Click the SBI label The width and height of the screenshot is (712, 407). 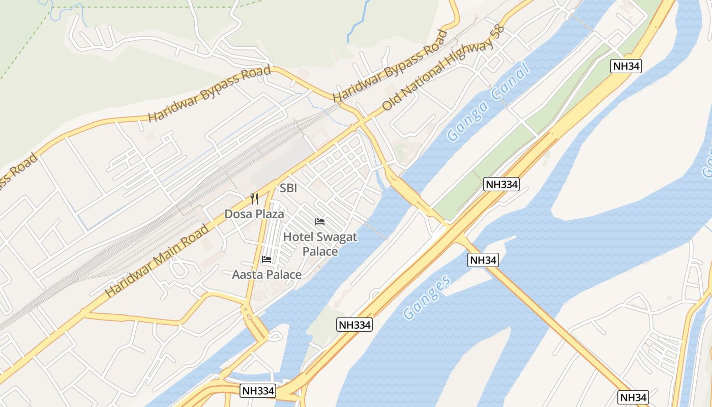pos(288,188)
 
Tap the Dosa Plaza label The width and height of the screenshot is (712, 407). pos(254,214)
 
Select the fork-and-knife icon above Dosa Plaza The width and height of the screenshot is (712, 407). pos(254,199)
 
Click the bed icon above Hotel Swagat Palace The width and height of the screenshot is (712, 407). pos(320,222)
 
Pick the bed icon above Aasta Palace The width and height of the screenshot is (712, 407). pos(266,259)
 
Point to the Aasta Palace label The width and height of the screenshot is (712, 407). pos(266,275)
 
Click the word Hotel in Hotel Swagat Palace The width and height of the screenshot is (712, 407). pos(298,237)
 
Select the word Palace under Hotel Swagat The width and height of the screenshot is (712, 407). pos(320,251)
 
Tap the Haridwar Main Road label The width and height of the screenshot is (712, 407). pos(157,261)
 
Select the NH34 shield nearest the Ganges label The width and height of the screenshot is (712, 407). pos(483,260)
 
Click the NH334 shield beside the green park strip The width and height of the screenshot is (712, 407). pos(501,184)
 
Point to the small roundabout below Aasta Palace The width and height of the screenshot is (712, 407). pos(246,308)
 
